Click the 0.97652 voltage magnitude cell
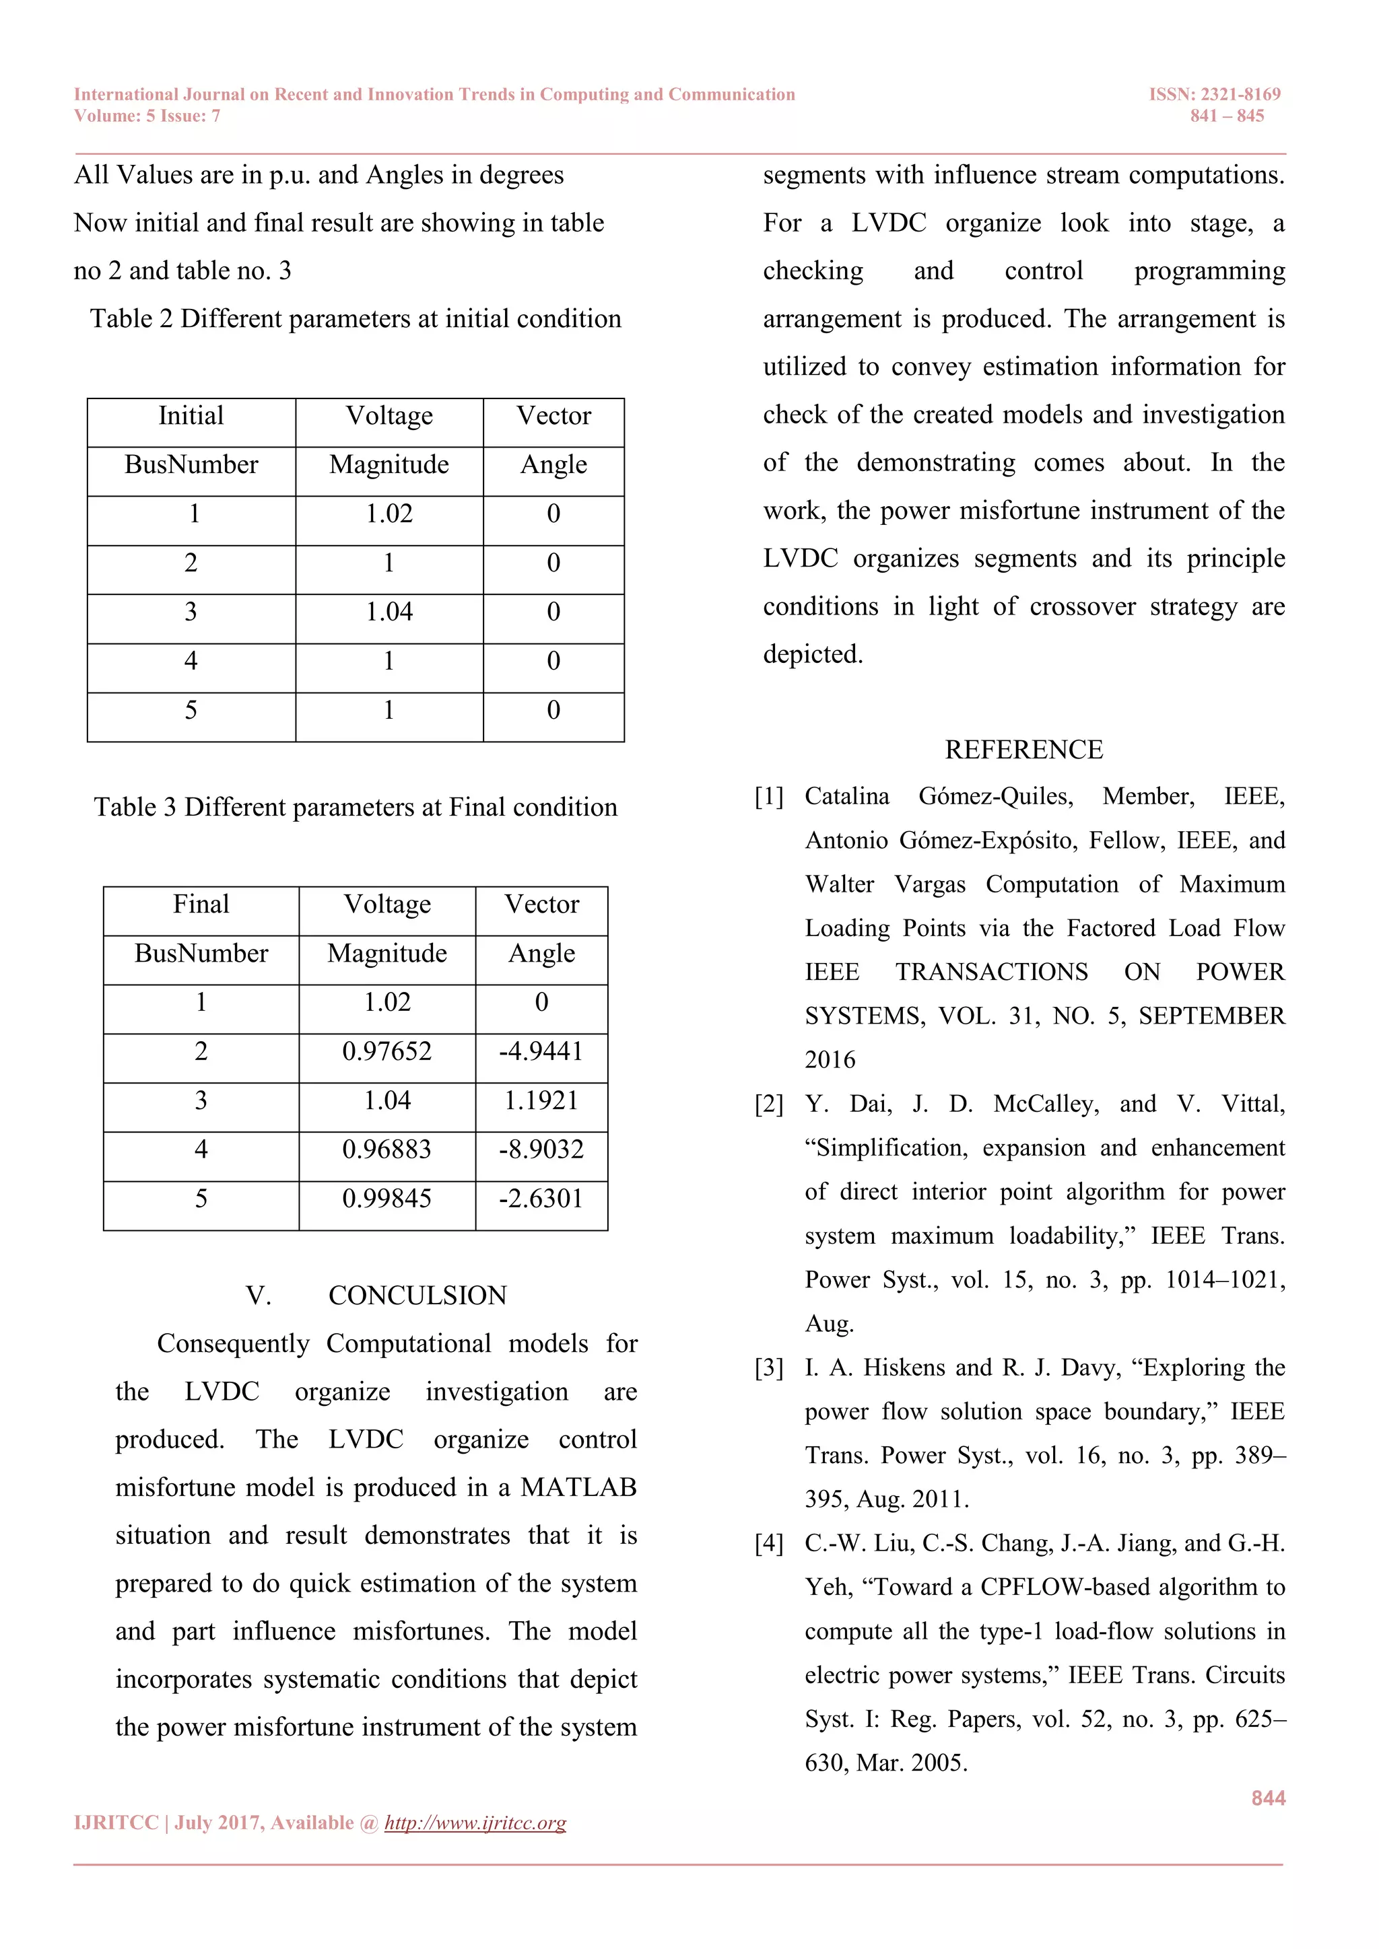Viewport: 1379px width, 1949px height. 386,1052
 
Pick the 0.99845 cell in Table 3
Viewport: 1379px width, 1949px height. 386,1199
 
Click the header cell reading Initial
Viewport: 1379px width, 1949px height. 191,416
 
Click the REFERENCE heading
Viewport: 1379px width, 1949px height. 1023,750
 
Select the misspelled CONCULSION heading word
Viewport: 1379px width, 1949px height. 417,1296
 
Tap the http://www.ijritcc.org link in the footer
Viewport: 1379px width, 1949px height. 475,1822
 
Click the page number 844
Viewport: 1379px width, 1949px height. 1268,1798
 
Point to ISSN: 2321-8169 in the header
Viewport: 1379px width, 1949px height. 1214,94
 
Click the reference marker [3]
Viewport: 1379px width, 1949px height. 770,1368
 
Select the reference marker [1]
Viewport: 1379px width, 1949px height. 770,796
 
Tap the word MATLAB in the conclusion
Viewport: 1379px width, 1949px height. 578,1487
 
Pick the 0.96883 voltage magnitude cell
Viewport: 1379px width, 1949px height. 386,1149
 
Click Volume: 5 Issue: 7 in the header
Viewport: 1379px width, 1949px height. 147,116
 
